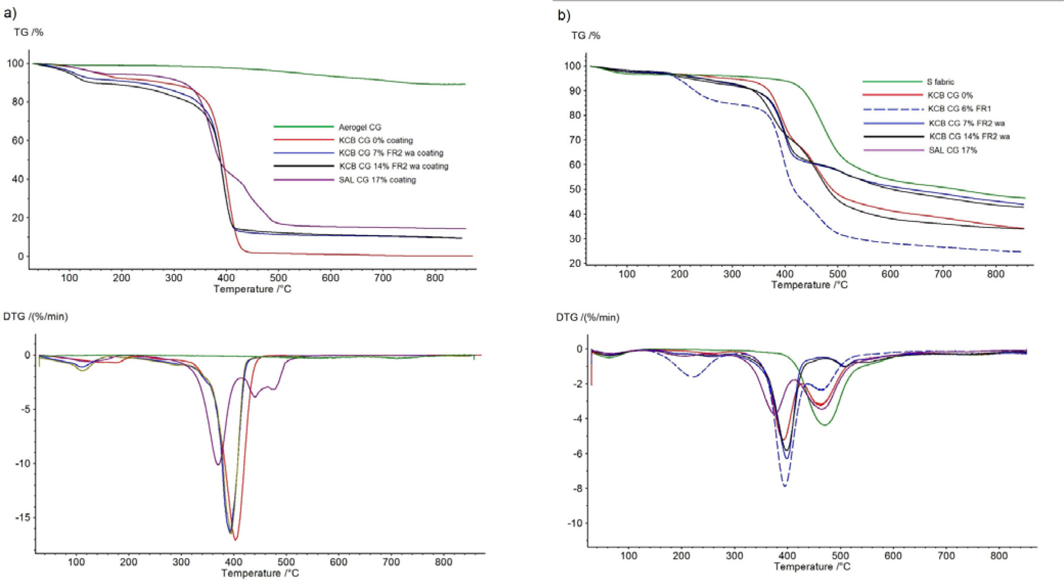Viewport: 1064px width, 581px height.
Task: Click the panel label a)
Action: coord(10,13)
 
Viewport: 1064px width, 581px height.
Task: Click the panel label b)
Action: coord(564,15)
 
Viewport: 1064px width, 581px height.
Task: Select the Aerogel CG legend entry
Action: coord(359,127)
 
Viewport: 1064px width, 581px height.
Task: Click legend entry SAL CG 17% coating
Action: coord(377,180)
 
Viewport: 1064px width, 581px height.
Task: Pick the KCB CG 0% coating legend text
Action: coord(375,140)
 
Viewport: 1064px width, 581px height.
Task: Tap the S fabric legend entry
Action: coord(940,82)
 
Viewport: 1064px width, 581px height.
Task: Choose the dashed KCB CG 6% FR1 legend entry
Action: coord(959,109)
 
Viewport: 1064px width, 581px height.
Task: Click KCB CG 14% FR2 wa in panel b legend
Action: coord(969,136)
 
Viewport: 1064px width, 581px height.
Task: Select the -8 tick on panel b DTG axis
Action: coord(579,488)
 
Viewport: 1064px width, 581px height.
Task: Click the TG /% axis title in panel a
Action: coord(29,32)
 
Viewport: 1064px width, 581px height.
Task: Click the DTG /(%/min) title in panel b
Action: coord(587,317)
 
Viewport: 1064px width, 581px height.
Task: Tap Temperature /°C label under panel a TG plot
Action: coord(252,289)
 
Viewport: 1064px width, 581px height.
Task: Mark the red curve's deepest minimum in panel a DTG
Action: coord(235,539)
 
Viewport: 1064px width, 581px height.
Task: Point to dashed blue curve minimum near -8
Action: coord(785,486)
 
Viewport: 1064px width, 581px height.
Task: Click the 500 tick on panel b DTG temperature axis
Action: coord(840,555)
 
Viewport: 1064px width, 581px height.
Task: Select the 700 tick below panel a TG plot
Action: coord(382,277)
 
